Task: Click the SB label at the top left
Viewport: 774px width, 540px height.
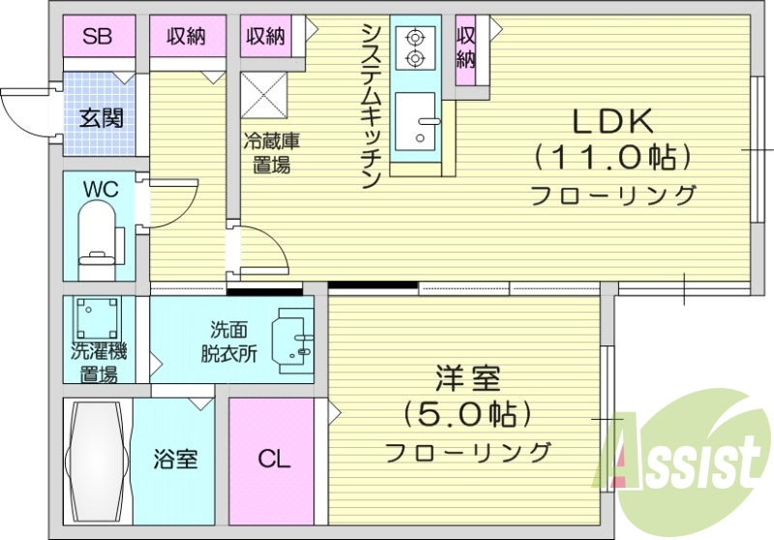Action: [x=96, y=37]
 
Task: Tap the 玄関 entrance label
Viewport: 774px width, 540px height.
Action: [x=101, y=119]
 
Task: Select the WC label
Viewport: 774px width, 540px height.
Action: [x=101, y=189]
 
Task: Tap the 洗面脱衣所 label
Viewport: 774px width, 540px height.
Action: [x=229, y=341]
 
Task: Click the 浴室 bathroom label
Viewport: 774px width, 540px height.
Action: [x=176, y=457]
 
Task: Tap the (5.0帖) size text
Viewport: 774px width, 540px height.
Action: [x=467, y=414]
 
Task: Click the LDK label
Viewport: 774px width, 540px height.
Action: [x=614, y=121]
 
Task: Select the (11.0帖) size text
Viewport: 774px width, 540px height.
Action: [x=613, y=156]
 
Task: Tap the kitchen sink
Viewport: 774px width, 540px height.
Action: [x=417, y=121]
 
